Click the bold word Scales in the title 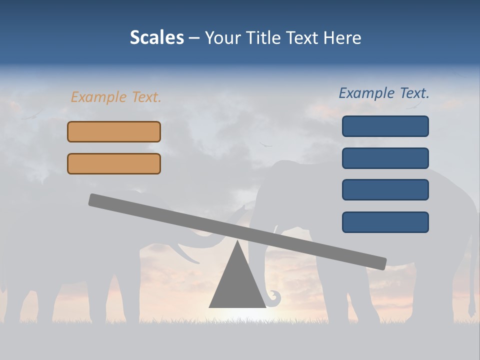click(x=156, y=37)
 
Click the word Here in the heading click(x=342, y=37)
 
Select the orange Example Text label click(x=116, y=97)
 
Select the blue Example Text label click(x=384, y=93)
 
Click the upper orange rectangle click(x=114, y=131)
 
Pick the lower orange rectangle click(x=114, y=163)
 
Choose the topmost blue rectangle click(x=385, y=126)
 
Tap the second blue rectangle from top click(x=385, y=158)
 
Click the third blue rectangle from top click(x=385, y=190)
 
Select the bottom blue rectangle click(x=385, y=222)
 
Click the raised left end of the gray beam click(x=95, y=199)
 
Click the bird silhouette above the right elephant click(x=265, y=145)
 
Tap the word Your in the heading click(x=222, y=37)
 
